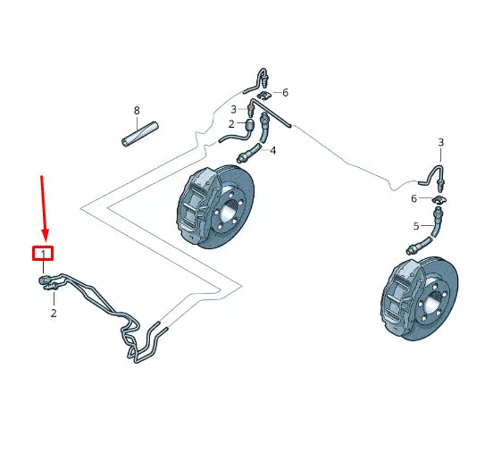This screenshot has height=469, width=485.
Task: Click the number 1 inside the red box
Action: pos(43,255)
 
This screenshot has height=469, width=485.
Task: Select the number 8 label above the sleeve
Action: pos(137,111)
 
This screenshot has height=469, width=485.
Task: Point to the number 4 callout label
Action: pos(272,151)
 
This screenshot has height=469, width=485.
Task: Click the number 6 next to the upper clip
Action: pos(285,92)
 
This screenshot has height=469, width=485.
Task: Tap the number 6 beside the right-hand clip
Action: pos(414,198)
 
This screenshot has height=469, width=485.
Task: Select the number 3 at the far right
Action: pos(440,143)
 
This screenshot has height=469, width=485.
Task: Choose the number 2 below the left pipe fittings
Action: pos(53,314)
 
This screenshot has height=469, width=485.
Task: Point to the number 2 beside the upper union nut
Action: pos(230,124)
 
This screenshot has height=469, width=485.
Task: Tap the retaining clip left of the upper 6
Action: pos(264,93)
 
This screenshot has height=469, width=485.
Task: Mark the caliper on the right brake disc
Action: pos(399,299)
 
